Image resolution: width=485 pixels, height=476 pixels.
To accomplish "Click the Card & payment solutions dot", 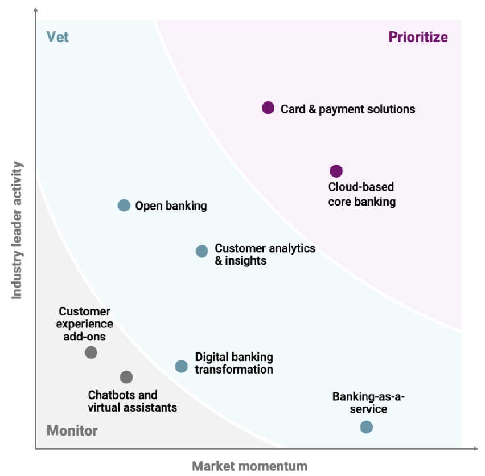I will [x=268, y=108].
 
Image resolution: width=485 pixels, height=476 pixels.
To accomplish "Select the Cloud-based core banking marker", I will [x=336, y=171].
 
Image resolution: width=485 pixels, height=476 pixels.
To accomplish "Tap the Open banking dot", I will [x=124, y=206].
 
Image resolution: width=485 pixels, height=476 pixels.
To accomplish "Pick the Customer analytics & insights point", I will [x=202, y=251].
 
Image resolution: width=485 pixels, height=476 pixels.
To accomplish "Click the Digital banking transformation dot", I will [x=181, y=366].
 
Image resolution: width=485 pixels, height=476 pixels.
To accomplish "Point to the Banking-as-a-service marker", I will [x=367, y=427].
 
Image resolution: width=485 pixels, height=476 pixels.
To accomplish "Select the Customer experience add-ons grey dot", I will [x=91, y=352].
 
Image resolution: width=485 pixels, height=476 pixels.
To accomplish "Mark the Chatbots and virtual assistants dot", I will [x=126, y=377].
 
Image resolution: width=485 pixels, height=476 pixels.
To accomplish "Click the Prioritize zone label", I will [x=418, y=38].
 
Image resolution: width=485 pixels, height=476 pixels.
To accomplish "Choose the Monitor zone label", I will [x=72, y=431].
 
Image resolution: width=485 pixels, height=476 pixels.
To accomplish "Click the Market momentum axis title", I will [x=249, y=466].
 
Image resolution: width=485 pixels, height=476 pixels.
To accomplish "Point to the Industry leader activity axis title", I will [x=17, y=230].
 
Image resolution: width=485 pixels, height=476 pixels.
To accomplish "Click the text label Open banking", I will [x=171, y=206].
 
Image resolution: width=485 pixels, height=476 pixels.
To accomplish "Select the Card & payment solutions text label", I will [x=348, y=109].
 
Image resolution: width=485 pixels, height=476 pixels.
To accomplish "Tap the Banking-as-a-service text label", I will [x=360, y=403].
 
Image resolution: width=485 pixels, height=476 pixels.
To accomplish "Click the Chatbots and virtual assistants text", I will [x=132, y=401].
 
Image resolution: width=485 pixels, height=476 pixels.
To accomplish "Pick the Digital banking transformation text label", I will [x=234, y=363].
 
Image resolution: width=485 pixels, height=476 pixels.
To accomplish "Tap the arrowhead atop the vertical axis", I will [x=36, y=11].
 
